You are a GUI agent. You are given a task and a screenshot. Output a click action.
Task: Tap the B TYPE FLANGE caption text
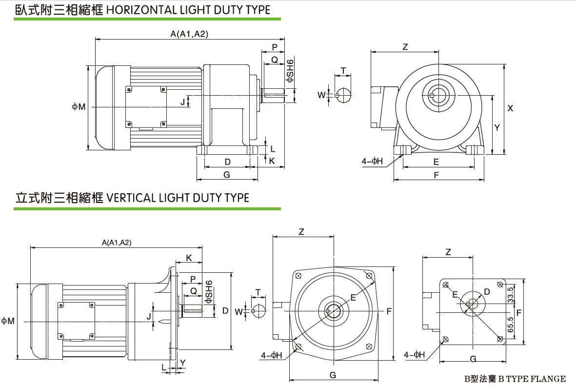(x=515, y=379)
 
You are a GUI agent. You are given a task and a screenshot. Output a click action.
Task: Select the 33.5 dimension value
(x=510, y=295)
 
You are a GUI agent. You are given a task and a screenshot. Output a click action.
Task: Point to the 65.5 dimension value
(x=510, y=325)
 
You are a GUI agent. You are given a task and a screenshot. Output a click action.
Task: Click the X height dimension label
(x=510, y=108)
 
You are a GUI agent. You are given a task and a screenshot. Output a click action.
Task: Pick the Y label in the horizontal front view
(x=497, y=127)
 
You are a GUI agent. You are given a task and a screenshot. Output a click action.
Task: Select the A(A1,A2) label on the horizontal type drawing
(x=189, y=34)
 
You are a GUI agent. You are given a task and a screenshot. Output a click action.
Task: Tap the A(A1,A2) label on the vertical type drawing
(x=116, y=243)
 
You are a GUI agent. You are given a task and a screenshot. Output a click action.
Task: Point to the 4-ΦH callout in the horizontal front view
(x=372, y=161)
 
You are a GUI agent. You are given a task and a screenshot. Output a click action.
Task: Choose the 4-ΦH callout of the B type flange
(x=414, y=355)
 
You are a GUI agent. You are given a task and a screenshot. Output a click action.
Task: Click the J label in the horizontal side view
(x=182, y=102)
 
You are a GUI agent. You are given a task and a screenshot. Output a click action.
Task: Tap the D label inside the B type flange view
(x=486, y=292)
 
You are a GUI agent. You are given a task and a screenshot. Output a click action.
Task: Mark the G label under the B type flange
(x=473, y=359)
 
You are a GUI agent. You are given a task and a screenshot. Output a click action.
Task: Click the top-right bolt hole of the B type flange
(x=499, y=285)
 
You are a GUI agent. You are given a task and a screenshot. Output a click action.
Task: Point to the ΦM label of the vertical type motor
(x=7, y=321)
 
